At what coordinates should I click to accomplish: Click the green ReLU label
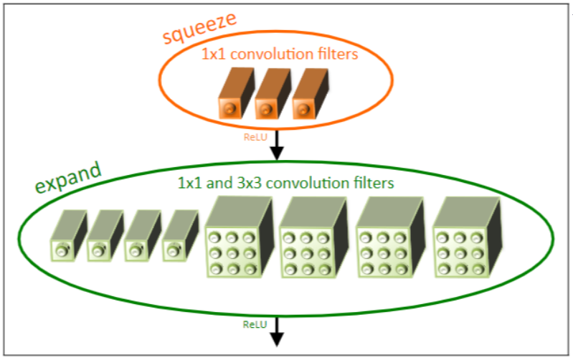[x=255, y=325]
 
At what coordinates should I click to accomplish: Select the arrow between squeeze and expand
[x=276, y=147]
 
